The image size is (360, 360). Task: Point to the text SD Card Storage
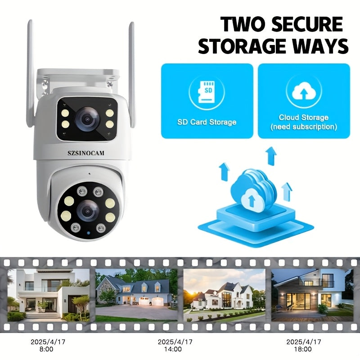(x=207, y=122)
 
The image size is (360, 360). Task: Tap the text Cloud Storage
(x=304, y=117)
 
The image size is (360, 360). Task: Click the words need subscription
(x=304, y=127)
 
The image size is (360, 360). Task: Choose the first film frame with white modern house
(x=48, y=295)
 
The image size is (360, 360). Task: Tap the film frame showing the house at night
(x=311, y=295)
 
